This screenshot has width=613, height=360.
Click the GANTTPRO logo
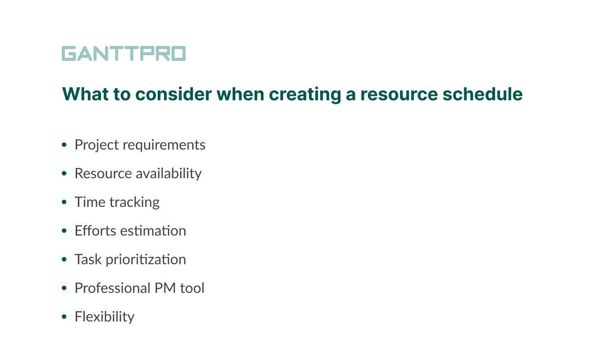pyautogui.click(x=123, y=54)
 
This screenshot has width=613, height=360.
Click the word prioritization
pyautogui.click(x=146, y=260)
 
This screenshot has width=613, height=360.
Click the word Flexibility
pyautogui.click(x=104, y=317)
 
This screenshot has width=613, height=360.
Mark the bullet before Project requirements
pyautogui.click(x=65, y=145)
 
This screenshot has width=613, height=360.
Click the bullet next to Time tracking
pyautogui.click(x=65, y=202)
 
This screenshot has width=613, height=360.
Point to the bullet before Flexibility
pyautogui.click(x=65, y=317)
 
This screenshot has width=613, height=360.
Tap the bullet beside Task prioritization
pyautogui.click(x=65, y=260)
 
